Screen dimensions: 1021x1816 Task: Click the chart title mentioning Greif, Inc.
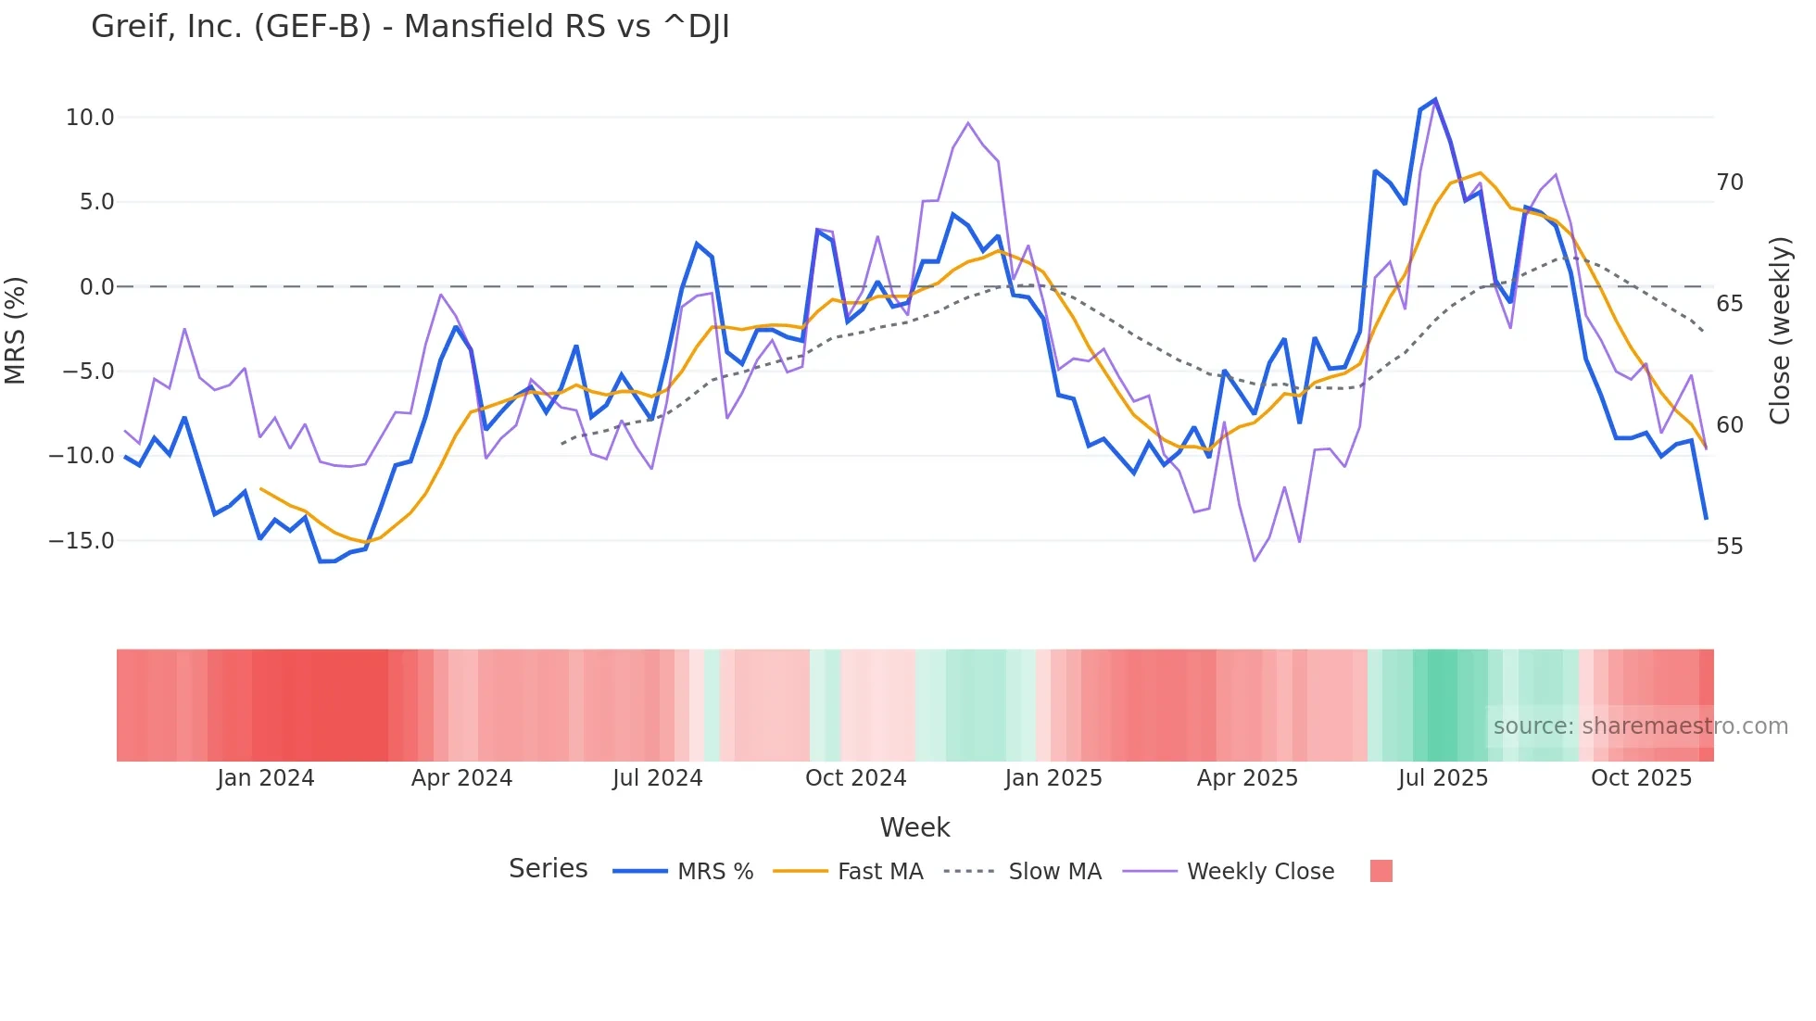pos(410,27)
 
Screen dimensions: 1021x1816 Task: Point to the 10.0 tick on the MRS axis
pos(90,118)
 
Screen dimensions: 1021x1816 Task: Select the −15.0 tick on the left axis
pos(82,541)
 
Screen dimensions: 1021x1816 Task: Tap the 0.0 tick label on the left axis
pos(96,287)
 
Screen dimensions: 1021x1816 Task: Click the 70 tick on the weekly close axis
pos(1729,183)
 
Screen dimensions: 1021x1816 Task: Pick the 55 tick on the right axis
pos(1729,547)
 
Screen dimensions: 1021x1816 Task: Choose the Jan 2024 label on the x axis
pos(266,778)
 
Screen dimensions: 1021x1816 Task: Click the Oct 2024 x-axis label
pos(855,778)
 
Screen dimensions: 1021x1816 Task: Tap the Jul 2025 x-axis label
pos(1443,778)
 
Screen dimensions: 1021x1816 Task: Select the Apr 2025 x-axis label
pos(1247,778)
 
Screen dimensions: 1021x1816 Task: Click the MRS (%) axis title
pos(16,331)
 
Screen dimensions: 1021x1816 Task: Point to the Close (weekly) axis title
pos(1780,331)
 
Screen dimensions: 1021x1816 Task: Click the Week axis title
pos(914,827)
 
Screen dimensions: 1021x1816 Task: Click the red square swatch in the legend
pos(1381,871)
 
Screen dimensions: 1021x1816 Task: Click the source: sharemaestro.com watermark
pos(1640,726)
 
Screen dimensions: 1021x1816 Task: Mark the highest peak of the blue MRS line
pos(1435,99)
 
